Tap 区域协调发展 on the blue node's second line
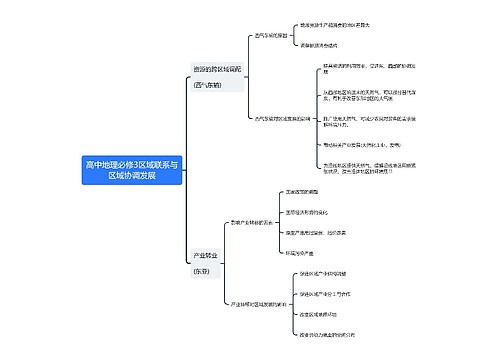132,175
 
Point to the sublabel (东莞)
202,271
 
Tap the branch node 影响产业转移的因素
252,222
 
